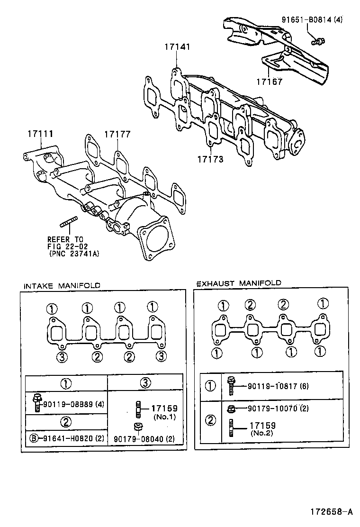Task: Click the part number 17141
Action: (178, 47)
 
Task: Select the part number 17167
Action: (270, 82)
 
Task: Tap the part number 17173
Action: (210, 160)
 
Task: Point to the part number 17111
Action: (40, 135)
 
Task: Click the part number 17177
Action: (117, 135)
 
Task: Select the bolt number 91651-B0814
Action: (304, 20)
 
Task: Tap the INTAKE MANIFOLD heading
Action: (62, 285)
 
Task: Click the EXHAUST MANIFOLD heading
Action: (238, 283)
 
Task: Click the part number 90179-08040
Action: (144, 439)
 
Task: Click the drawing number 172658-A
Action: (332, 512)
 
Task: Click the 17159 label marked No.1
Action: (163, 409)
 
